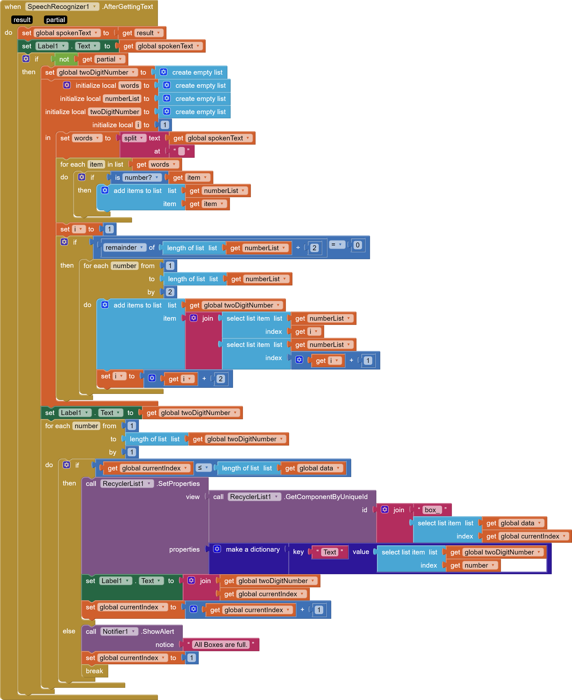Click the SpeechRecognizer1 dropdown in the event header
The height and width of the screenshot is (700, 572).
coord(62,7)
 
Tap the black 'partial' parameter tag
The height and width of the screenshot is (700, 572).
coord(55,20)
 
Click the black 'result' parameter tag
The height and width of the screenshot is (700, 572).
coord(22,20)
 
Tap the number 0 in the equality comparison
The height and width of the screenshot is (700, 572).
coord(357,245)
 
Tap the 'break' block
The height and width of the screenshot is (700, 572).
coord(94,671)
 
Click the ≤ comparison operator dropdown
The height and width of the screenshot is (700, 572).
coord(203,468)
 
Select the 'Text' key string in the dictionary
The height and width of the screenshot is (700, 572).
coord(330,552)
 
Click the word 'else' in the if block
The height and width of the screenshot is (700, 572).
coord(69,631)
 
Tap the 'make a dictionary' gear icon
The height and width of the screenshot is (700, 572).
coord(217,549)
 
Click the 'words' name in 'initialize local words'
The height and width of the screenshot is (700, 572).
coord(130,85)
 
